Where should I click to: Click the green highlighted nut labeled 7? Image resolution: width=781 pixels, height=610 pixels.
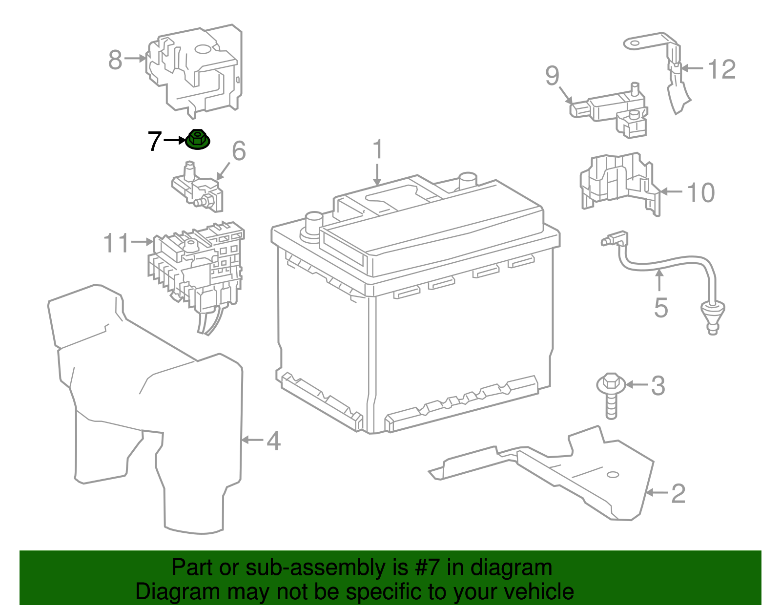(198, 140)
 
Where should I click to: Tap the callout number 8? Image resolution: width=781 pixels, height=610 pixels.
(115, 60)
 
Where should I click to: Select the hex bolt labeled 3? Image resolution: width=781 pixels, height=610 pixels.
(611, 393)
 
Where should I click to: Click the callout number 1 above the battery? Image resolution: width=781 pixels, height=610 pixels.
(377, 150)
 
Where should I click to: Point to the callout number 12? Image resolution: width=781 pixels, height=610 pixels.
(721, 69)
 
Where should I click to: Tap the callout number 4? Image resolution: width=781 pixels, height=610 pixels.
(273, 441)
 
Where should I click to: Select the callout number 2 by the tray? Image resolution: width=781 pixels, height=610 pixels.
(678, 494)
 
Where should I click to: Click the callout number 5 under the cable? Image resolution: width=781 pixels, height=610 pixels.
(660, 308)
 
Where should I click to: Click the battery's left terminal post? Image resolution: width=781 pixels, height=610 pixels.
(313, 222)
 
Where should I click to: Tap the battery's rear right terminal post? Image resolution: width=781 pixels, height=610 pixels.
(468, 180)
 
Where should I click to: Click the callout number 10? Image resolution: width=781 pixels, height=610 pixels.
(701, 192)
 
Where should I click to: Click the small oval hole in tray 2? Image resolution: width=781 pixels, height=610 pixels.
(612, 474)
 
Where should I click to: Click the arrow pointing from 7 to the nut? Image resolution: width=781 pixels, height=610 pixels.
(175, 140)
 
